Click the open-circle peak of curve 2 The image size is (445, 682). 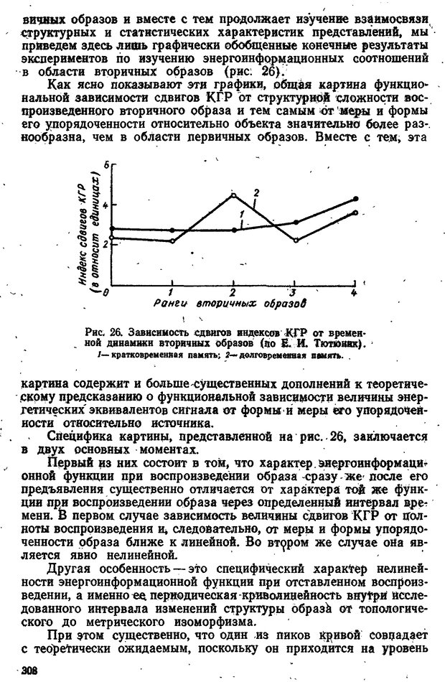[x=233, y=195]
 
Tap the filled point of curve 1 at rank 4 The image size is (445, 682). [x=355, y=198]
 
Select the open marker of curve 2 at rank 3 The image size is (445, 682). [x=295, y=240]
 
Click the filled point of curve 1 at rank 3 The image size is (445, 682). [x=295, y=223]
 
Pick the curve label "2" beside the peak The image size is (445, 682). [x=255, y=191]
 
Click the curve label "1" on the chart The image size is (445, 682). [x=243, y=215]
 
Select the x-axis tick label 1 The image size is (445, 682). [x=171, y=292]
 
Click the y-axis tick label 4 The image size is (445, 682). [x=105, y=205]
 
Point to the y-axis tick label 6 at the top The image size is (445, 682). [x=105, y=165]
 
